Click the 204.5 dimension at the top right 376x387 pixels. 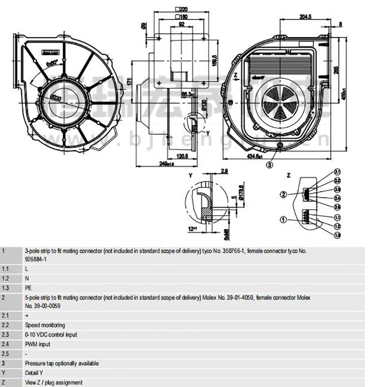click(305, 17)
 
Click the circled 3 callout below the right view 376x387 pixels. click(270, 164)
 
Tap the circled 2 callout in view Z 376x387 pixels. click(283, 194)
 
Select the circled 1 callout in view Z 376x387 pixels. click(283, 219)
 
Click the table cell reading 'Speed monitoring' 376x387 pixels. click(45, 325)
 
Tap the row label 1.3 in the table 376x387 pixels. click(5, 288)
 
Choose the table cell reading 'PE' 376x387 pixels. click(28, 288)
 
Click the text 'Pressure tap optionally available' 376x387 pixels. click(62, 363)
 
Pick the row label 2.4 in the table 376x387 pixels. click(5, 344)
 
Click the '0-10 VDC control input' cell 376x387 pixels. click(51, 335)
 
